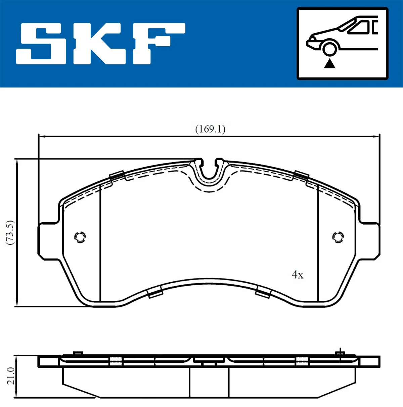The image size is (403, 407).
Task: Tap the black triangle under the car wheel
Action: click(329, 63)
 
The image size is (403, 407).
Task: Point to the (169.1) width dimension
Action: click(210, 129)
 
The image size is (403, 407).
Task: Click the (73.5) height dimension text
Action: click(10, 232)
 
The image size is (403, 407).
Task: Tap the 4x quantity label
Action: click(298, 275)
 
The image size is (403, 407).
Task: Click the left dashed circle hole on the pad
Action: click(80, 237)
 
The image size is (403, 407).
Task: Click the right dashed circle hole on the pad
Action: click(338, 237)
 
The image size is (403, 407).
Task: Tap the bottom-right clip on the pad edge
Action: click(263, 293)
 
